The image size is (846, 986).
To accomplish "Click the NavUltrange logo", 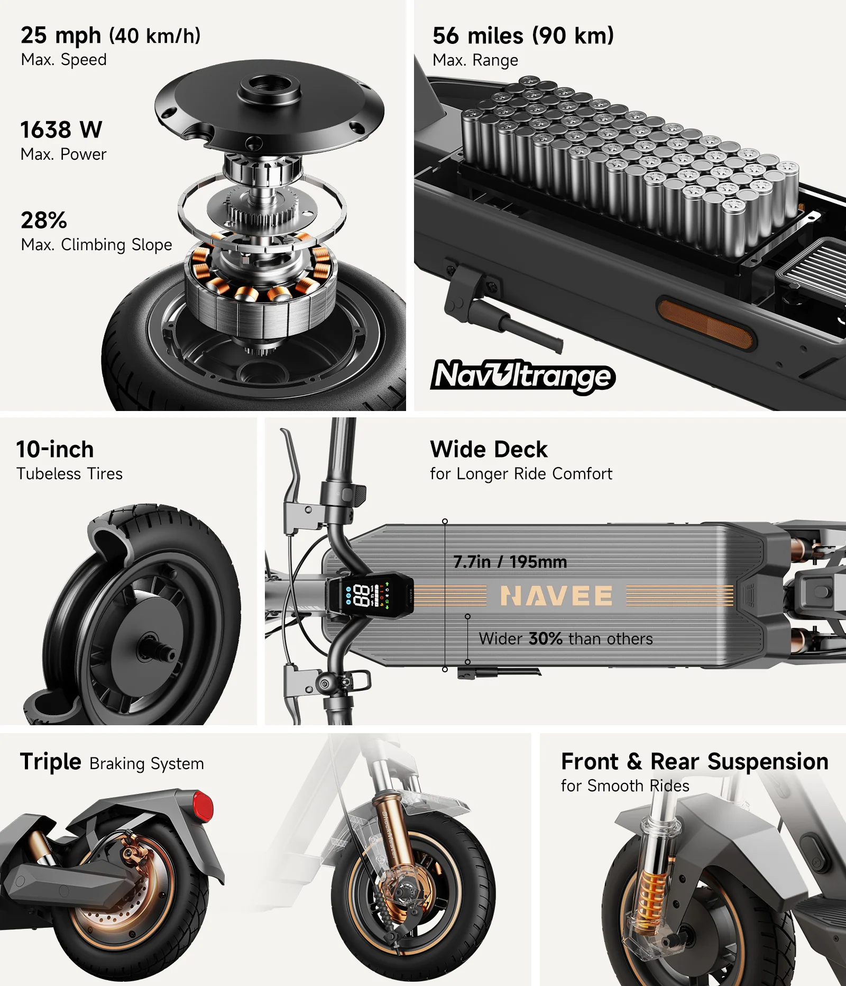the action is [x=522, y=376].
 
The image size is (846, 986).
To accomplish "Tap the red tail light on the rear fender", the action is [x=203, y=806].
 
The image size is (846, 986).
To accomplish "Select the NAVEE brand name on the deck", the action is [x=556, y=596].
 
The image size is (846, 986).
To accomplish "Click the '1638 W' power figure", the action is [x=61, y=130].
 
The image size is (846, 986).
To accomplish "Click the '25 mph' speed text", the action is [x=61, y=35].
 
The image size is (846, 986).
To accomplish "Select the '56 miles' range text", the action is [x=478, y=36].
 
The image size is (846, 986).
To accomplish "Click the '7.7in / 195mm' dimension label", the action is [x=510, y=562].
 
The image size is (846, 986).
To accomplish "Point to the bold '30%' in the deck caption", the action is [x=546, y=638].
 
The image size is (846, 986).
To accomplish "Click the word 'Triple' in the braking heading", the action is [x=51, y=762].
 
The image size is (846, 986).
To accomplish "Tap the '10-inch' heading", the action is [x=55, y=450].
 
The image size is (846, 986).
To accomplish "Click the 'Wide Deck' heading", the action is [x=489, y=450].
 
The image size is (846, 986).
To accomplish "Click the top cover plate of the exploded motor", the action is [x=269, y=105].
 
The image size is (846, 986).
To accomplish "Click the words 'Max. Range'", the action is [x=475, y=60].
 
